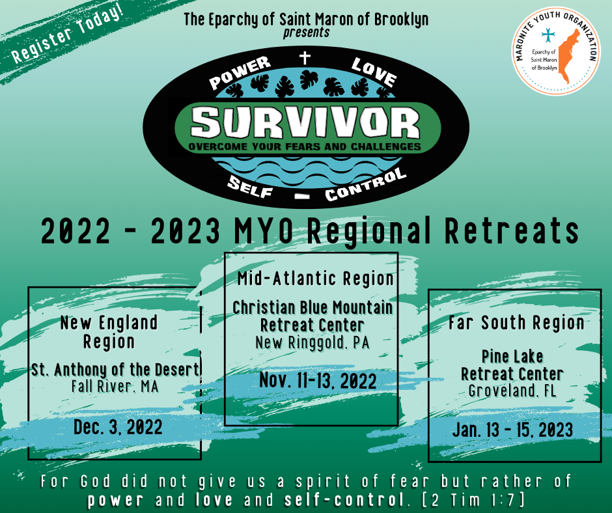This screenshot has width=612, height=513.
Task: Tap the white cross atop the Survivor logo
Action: tap(305, 58)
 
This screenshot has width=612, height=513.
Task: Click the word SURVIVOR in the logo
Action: tap(305, 122)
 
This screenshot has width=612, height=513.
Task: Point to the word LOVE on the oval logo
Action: tap(374, 72)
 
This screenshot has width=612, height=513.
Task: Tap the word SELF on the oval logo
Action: tap(250, 187)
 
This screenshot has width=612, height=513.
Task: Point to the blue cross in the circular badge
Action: tap(548, 35)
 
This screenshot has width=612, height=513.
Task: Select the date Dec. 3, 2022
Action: tap(118, 426)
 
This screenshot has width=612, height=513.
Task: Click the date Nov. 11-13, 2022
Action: tap(318, 380)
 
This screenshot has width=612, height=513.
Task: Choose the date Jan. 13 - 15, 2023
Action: tap(512, 430)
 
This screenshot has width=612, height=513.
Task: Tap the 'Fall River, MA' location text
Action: tap(115, 387)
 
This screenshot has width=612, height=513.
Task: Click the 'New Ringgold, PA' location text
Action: tap(313, 342)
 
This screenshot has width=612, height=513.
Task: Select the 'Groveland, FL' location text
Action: tap(512, 391)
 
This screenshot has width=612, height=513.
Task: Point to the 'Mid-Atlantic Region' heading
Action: tap(316, 279)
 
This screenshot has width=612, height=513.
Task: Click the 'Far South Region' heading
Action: tap(516, 322)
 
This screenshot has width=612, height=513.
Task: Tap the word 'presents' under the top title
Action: tap(307, 33)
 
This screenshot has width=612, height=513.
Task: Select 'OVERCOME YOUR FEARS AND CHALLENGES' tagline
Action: tap(305, 146)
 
